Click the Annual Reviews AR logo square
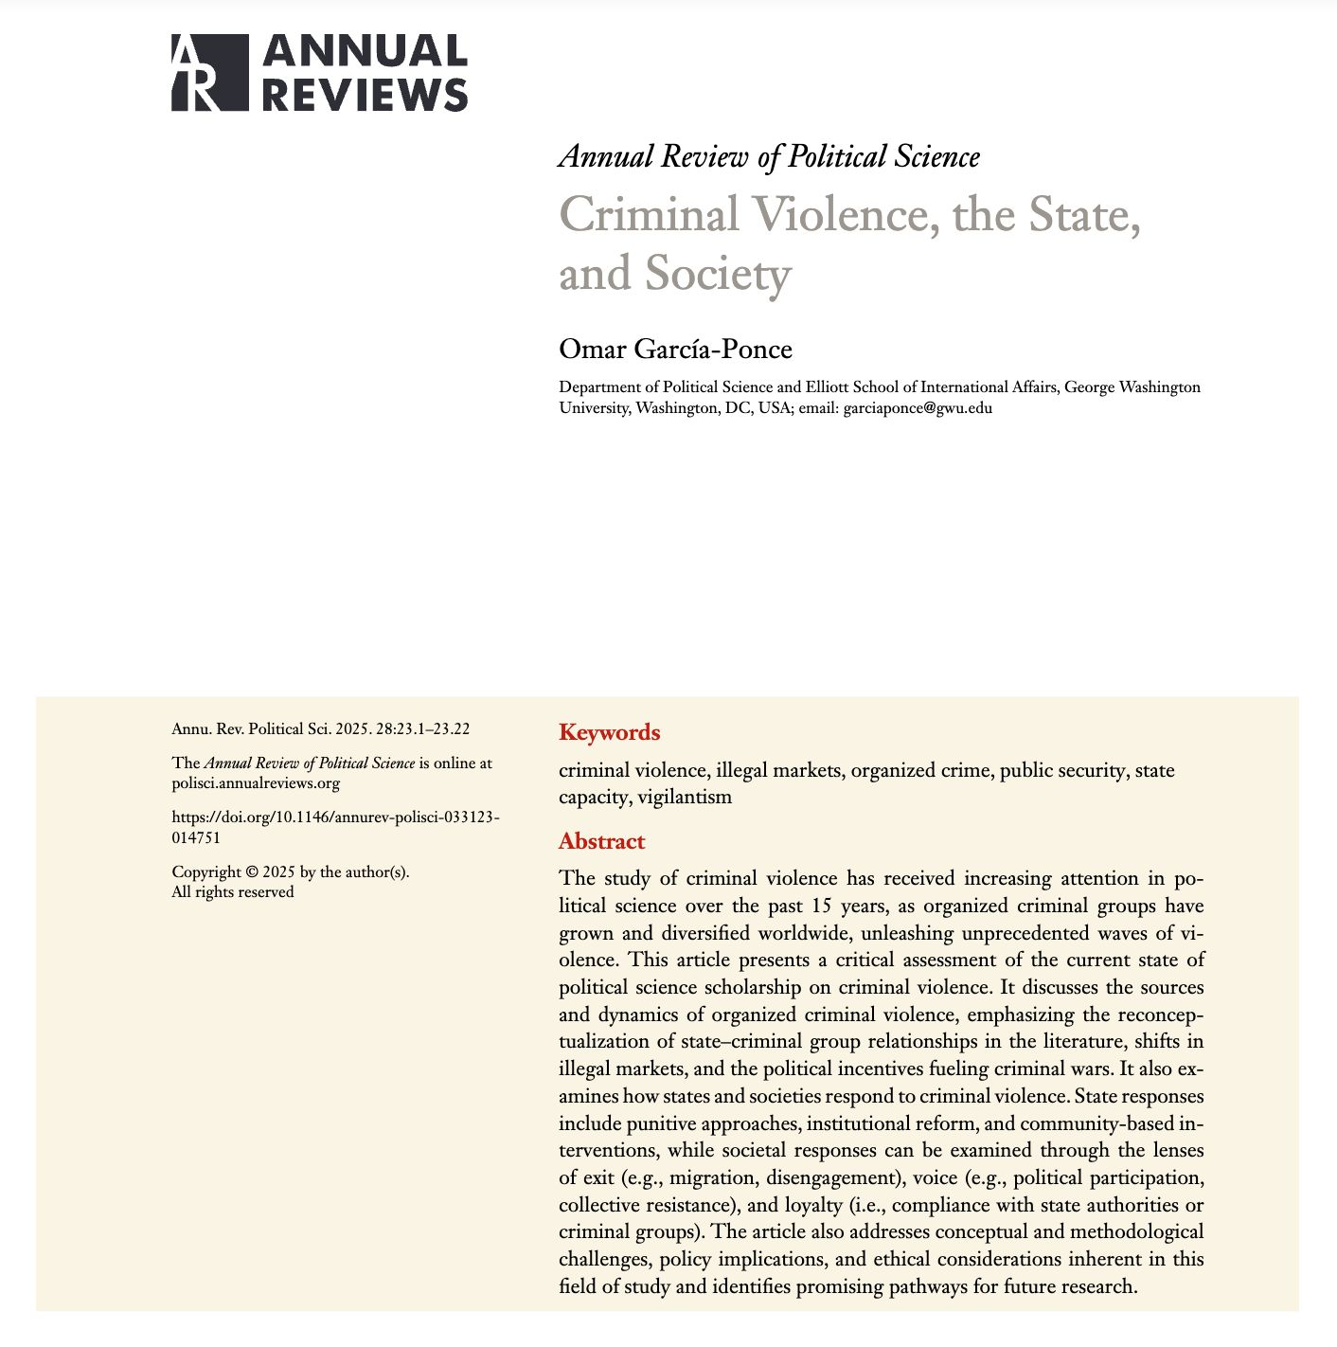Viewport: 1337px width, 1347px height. click(x=209, y=73)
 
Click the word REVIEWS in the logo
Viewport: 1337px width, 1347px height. click(x=365, y=96)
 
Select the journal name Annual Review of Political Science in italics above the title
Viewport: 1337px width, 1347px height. click(x=769, y=156)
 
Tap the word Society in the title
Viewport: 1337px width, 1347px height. click(x=718, y=274)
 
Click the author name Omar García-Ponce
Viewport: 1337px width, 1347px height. click(x=675, y=350)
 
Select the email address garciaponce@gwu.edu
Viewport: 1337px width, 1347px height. click(x=918, y=408)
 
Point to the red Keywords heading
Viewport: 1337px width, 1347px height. click(x=609, y=732)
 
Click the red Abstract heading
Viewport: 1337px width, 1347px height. click(x=601, y=841)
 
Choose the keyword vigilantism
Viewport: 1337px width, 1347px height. click(x=685, y=797)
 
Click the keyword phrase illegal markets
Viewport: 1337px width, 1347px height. click(x=778, y=770)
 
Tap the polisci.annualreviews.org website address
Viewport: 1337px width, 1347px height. click(x=256, y=783)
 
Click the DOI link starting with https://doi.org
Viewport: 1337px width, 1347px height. click(x=335, y=817)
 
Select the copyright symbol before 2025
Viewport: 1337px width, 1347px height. click(x=252, y=872)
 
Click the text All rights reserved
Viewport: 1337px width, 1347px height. click(x=233, y=892)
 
